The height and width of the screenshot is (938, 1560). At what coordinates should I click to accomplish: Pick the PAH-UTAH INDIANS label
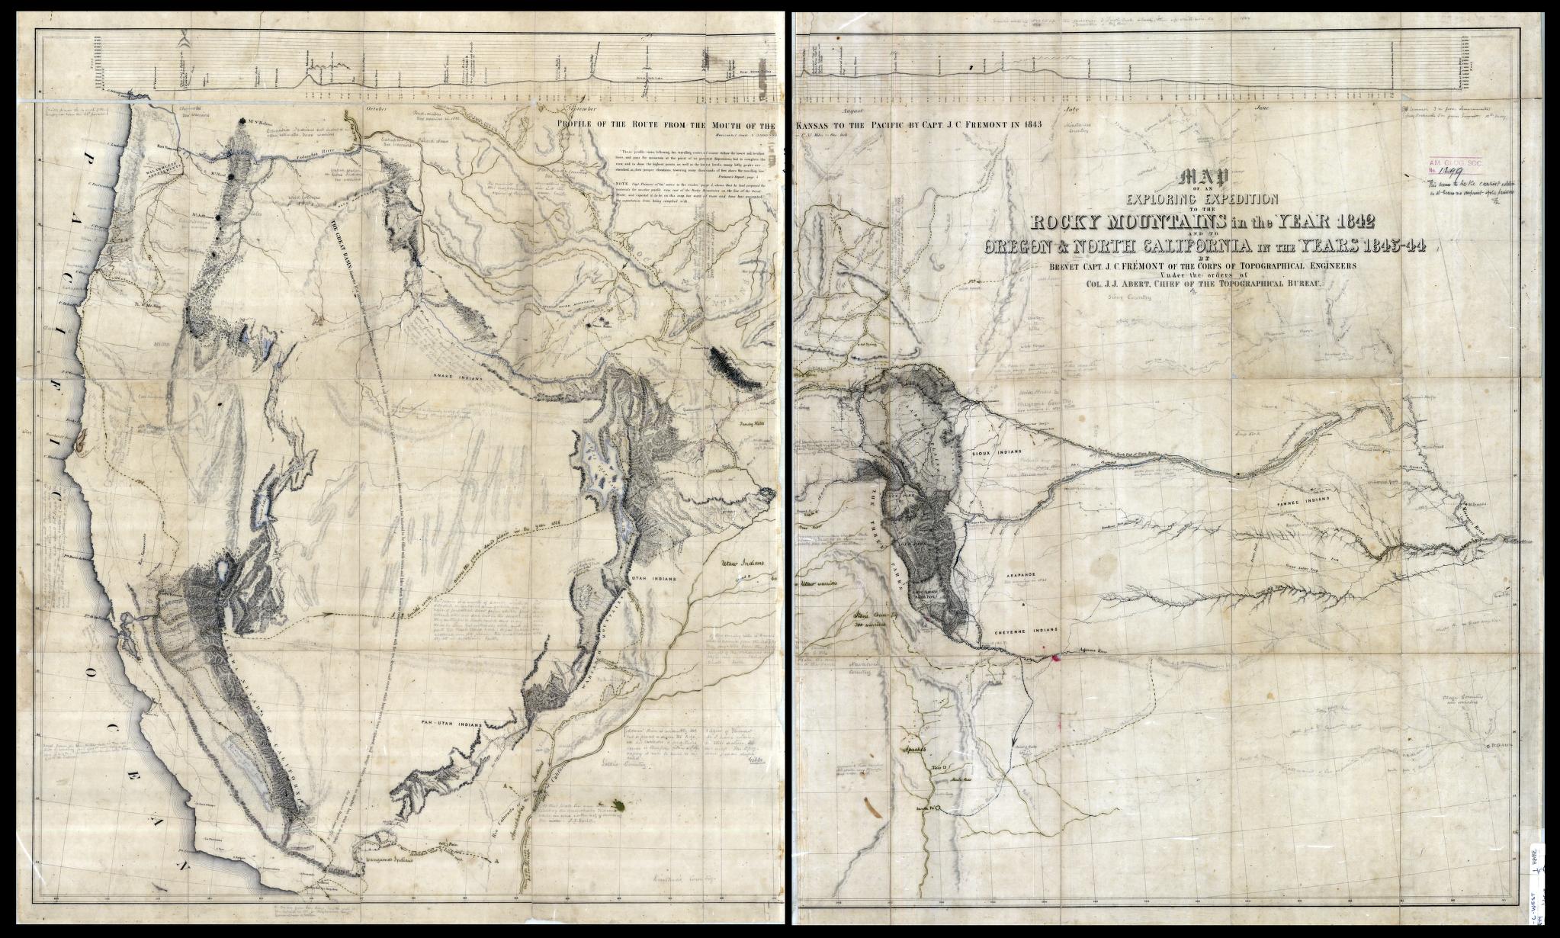(x=451, y=720)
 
